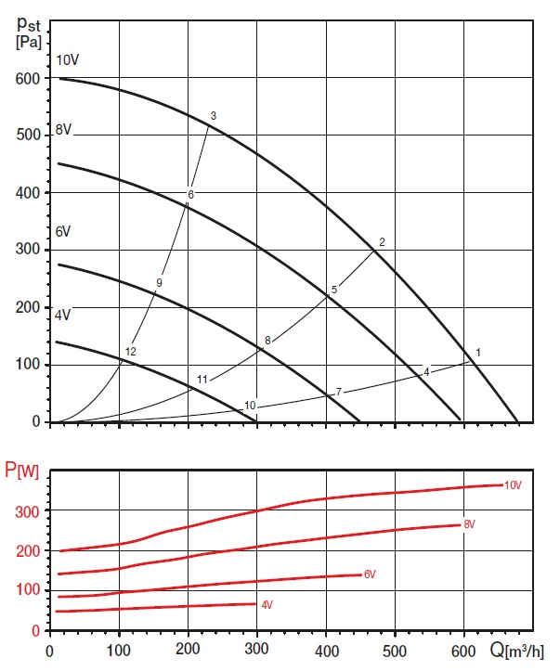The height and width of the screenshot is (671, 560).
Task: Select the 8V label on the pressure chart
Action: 63,130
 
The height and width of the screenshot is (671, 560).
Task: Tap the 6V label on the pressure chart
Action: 63,230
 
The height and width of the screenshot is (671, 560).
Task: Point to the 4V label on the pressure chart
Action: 63,315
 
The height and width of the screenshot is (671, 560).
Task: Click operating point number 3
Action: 213,116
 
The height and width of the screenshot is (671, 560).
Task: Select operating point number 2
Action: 382,241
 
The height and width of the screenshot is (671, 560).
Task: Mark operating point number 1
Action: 477,353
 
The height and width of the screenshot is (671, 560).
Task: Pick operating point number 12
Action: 130,352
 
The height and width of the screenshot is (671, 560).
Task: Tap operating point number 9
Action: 159,282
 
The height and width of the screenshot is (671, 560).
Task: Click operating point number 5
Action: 333,290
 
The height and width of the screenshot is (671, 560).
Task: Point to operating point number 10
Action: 250,406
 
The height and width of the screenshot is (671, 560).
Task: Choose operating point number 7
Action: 339,392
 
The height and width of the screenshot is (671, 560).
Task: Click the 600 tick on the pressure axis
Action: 29,80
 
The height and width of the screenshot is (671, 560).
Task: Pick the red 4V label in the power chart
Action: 267,605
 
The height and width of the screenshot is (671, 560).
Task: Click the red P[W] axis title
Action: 22,472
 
